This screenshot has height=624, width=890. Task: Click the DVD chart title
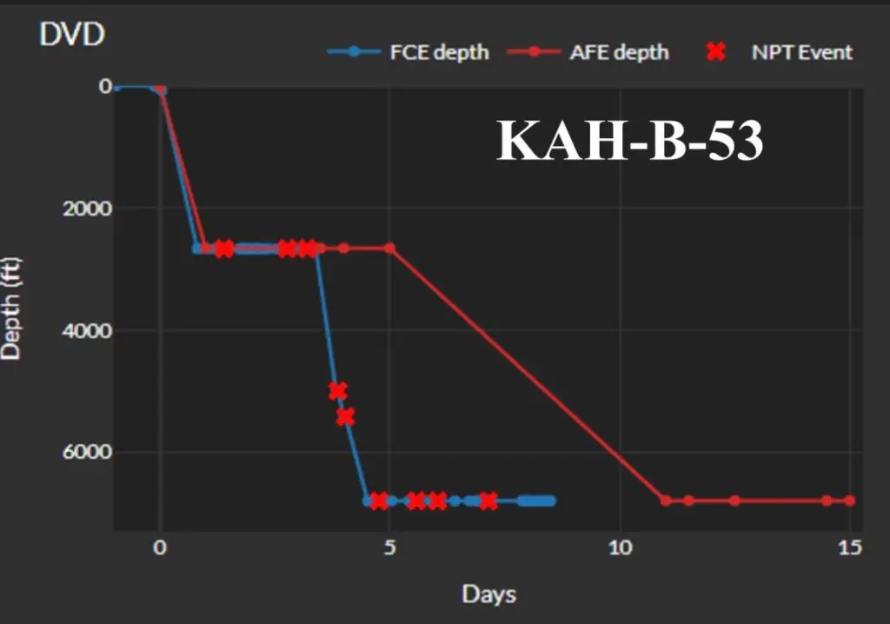click(x=72, y=34)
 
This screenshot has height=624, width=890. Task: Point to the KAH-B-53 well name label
click(x=630, y=141)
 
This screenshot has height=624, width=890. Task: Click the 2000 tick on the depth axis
click(x=87, y=209)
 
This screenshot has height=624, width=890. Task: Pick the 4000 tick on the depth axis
click(x=87, y=330)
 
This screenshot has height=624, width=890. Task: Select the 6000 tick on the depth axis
click(x=87, y=451)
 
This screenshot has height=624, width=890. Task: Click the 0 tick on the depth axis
click(x=105, y=86)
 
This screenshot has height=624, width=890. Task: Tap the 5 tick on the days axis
click(x=389, y=548)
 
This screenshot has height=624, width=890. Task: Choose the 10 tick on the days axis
click(x=620, y=548)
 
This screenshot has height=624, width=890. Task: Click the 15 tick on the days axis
click(x=850, y=548)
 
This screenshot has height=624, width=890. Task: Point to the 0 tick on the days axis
click(x=160, y=548)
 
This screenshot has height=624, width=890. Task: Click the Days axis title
click(x=488, y=594)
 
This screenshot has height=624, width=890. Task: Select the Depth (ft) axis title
click(x=10, y=309)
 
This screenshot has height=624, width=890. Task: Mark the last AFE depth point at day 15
click(x=850, y=501)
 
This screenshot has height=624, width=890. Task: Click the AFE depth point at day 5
click(x=390, y=249)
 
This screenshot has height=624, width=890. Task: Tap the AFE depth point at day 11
click(x=666, y=501)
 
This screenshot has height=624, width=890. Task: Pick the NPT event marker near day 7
click(x=488, y=501)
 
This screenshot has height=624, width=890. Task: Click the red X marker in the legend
click(x=716, y=51)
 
